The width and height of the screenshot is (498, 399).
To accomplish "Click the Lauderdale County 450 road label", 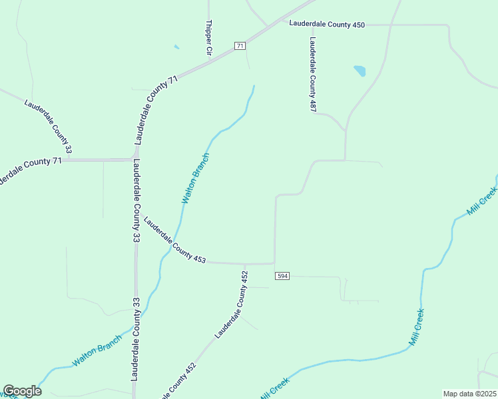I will tap(327, 25).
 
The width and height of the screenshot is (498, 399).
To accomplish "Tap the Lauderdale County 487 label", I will tap(312, 74).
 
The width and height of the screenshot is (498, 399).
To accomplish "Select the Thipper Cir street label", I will tap(208, 37).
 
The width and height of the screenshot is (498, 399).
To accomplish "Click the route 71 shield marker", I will tap(240, 45).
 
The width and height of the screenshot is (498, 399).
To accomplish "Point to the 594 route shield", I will tap(282, 275).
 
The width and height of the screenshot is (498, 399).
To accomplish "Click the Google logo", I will tap(22, 391).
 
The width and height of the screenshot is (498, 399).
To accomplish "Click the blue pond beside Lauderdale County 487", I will tap(360, 70).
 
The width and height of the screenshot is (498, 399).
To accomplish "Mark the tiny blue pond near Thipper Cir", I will tap(176, 47).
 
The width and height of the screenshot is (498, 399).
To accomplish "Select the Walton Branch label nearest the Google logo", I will tap(97, 350).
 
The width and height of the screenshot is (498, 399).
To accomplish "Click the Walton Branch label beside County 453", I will tap(196, 178).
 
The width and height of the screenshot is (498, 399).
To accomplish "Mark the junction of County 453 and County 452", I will tap(244, 263).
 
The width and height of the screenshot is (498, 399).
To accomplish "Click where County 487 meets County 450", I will tap(310, 25).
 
